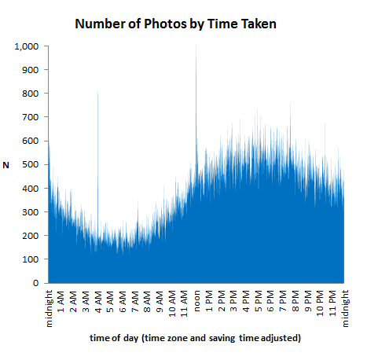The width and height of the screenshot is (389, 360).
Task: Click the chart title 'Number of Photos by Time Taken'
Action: pyautogui.click(x=175, y=24)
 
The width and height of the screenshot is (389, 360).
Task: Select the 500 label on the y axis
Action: pyautogui.click(x=31, y=165)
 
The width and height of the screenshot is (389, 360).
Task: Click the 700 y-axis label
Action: pyautogui.click(x=31, y=118)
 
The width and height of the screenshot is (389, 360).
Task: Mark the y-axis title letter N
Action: pyautogui.click(x=6, y=165)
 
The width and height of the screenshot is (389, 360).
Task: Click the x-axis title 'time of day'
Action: pyautogui.click(x=196, y=337)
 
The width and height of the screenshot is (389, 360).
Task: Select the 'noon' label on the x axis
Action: pyautogui.click(x=196, y=300)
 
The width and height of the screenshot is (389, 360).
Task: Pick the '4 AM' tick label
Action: pyautogui.click(x=98, y=300)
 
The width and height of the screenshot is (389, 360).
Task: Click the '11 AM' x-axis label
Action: pyautogui.click(x=184, y=302)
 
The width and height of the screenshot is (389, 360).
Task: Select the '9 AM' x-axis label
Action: pyautogui.click(x=160, y=300)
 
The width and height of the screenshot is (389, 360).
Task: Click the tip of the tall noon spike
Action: pyautogui.click(x=196, y=47)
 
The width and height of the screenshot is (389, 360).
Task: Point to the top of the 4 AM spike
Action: pyautogui.click(x=97, y=94)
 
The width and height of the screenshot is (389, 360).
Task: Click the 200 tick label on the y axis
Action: pyautogui.click(x=31, y=236)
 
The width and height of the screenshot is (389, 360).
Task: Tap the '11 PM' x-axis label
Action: pyautogui.click(x=332, y=302)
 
